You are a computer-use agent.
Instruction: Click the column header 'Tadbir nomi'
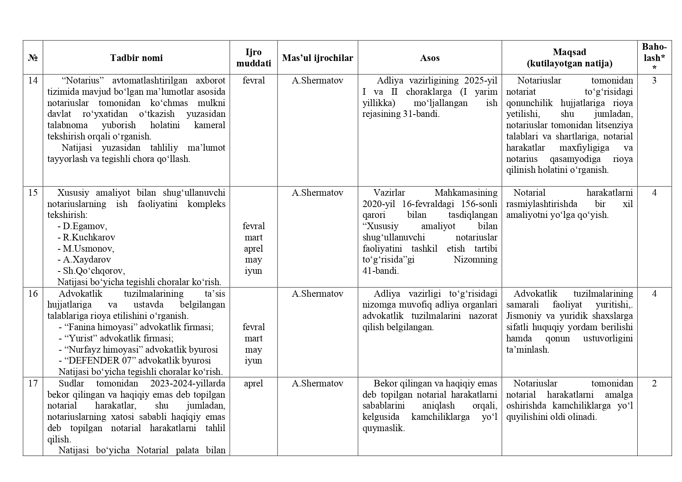(136, 58)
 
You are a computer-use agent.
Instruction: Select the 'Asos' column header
(429, 58)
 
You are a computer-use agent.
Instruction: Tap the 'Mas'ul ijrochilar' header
(317, 58)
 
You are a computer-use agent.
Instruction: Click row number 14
(33, 80)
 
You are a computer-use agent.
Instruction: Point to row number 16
(33, 294)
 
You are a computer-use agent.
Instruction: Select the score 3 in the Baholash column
(654, 80)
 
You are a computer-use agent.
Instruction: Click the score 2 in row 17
(654, 383)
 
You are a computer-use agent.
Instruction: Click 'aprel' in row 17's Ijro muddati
(253, 383)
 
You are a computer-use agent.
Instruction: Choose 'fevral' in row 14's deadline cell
(253, 80)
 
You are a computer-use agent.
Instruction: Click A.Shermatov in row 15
(317, 193)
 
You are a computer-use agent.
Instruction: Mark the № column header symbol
(33, 58)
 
